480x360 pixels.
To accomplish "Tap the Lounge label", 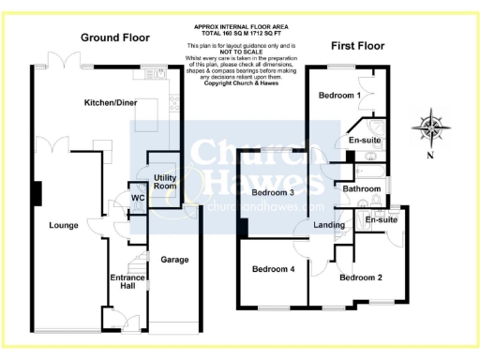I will (x=63, y=225).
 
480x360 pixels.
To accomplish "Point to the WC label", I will (x=138, y=199).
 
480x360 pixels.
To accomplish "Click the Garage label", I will (x=175, y=259).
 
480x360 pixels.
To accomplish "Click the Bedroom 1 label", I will (x=339, y=96).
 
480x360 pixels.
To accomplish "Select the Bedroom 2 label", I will (x=361, y=277).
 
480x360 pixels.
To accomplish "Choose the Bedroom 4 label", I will (x=273, y=270).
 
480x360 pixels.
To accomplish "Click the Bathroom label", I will (x=361, y=189).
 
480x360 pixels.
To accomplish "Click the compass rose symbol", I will (x=429, y=126).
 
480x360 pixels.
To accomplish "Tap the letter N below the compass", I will (x=429, y=157).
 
